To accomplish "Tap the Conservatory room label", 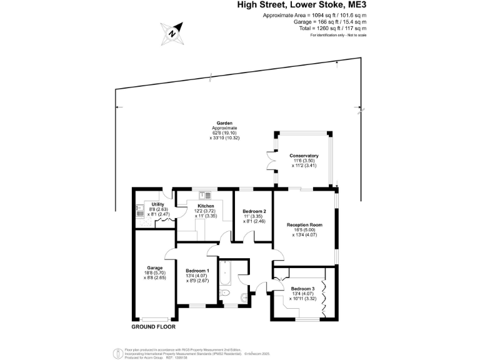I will (x=304, y=156).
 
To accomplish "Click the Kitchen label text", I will (x=206, y=206).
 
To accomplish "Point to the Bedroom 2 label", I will (x=254, y=211).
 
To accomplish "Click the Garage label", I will (x=151, y=267).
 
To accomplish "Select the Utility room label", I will (x=158, y=204).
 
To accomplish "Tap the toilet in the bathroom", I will (x=226, y=296).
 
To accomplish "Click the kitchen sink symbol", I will (x=201, y=195).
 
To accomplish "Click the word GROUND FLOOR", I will (x=153, y=327).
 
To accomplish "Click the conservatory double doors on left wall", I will (x=274, y=160).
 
